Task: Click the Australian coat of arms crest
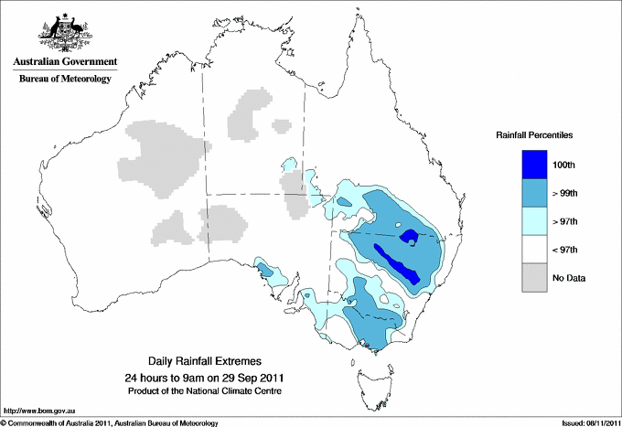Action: [x=61, y=33]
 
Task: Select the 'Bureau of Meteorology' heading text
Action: [x=64, y=80]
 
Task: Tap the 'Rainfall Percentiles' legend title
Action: [x=534, y=135]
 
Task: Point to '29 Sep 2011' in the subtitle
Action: [x=255, y=378]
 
